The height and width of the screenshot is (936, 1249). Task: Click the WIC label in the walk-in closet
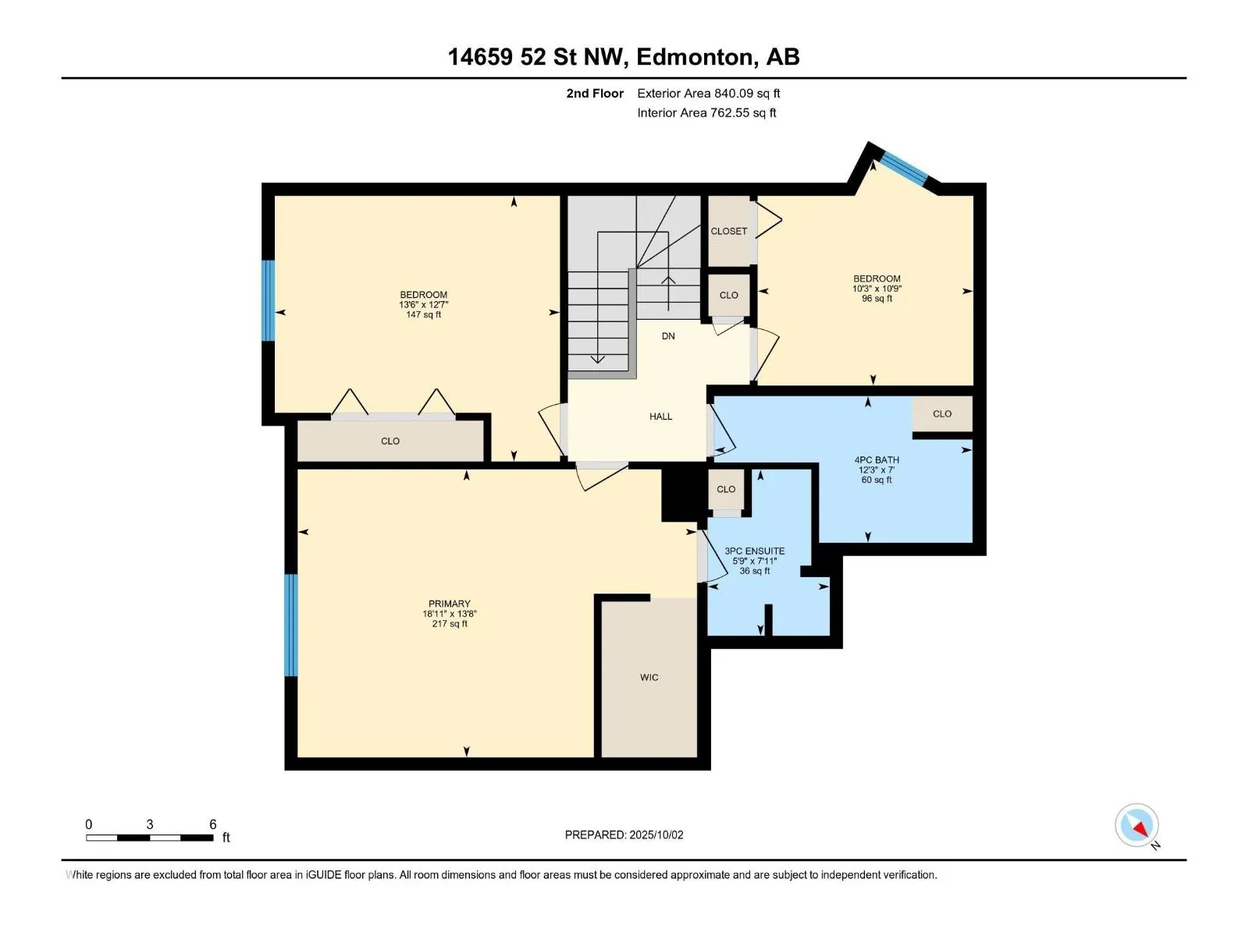click(x=649, y=677)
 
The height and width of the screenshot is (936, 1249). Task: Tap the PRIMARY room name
click(x=449, y=604)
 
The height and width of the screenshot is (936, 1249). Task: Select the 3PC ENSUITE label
click(x=755, y=551)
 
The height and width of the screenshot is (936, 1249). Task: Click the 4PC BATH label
click(x=877, y=459)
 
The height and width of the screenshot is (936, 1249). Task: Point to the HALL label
click(x=660, y=417)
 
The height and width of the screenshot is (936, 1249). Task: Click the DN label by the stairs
click(x=668, y=336)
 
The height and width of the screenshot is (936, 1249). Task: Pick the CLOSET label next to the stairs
click(x=728, y=232)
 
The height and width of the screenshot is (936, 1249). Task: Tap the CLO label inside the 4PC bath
click(x=941, y=413)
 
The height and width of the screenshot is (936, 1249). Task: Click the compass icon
click(x=1137, y=824)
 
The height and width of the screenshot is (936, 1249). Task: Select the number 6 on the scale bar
click(x=213, y=824)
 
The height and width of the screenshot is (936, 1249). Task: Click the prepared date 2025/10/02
click(x=656, y=835)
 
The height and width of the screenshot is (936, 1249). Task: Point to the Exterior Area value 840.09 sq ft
click(x=747, y=93)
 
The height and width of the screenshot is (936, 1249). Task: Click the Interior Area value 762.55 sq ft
click(x=743, y=112)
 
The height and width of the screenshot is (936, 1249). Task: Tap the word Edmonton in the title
click(x=696, y=57)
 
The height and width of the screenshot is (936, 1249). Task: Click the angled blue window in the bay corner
click(x=904, y=167)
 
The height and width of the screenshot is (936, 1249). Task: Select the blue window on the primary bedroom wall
click(x=290, y=625)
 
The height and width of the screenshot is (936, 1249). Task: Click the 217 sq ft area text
click(x=450, y=623)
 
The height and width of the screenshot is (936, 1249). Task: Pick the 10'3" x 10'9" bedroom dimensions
click(x=877, y=288)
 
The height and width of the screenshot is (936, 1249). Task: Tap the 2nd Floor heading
click(x=595, y=93)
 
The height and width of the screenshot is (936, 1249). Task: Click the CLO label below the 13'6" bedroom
click(x=390, y=441)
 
